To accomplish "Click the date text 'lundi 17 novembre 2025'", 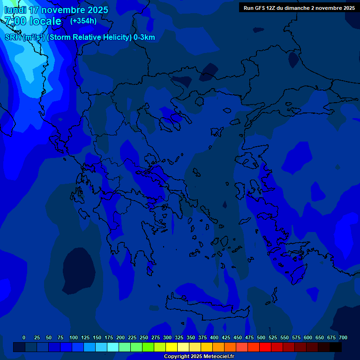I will click(x=56, y=10).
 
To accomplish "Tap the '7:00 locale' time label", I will click(x=33, y=21).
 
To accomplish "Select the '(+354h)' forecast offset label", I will click(x=83, y=21).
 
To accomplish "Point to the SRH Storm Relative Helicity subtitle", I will click(x=80, y=37).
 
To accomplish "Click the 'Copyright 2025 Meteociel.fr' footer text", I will click(x=199, y=356).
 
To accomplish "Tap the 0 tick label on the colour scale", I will click(x=24, y=337).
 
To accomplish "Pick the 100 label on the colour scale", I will click(x=74, y=337).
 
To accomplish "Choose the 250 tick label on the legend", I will click(x=144, y=337).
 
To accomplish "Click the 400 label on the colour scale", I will click(x=214, y=337).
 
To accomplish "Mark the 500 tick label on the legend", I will click(x=261, y=337).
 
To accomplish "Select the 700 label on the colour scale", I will click(x=343, y=337).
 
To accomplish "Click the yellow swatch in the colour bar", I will click(x=172, y=347).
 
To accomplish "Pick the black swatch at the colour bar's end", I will click(x=336, y=347).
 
